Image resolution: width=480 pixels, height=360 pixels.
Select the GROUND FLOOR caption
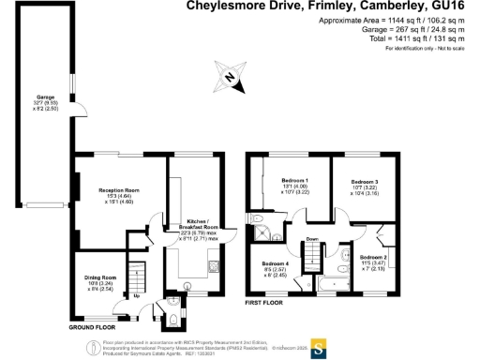[92, 328]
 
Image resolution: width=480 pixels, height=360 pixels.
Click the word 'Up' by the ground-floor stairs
[137, 297]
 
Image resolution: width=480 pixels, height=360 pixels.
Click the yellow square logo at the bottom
[318, 343]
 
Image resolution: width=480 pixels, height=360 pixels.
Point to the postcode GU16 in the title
[457, 7]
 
